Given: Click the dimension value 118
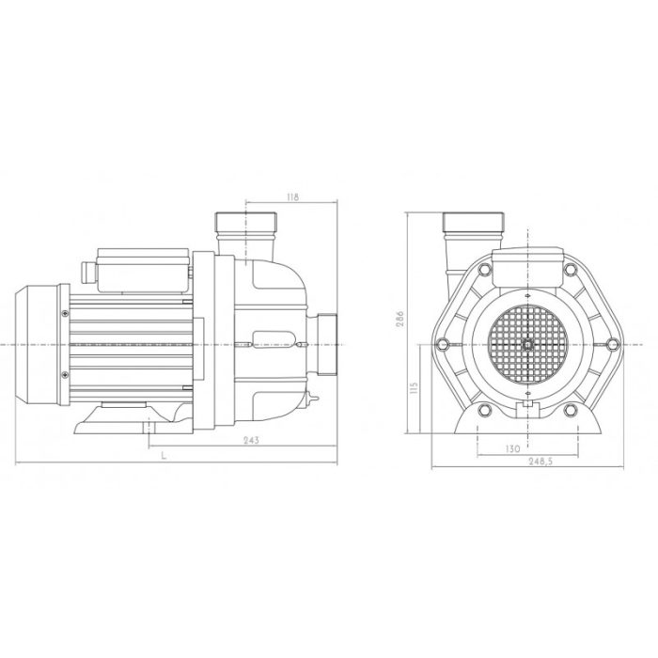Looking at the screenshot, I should [x=291, y=197].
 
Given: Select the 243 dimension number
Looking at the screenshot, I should [x=249, y=441].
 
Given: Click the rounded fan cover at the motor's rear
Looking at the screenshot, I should [x=38, y=344].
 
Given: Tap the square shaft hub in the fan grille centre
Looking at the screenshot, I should [x=528, y=345].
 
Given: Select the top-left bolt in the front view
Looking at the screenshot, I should [x=482, y=272].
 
